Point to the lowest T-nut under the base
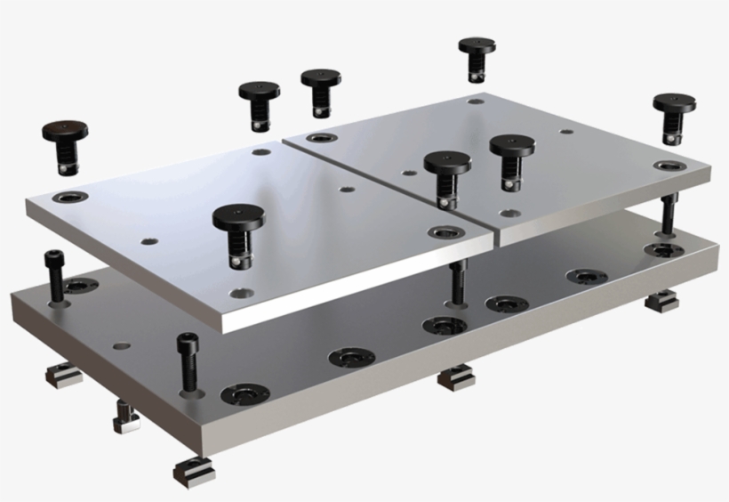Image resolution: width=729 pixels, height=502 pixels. point(195,472)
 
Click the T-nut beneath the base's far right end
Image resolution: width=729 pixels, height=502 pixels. point(661,303)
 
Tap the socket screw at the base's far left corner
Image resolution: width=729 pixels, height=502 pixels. point(54,276)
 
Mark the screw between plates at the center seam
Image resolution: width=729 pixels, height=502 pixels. point(456,279)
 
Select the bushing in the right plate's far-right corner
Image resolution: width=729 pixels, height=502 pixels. point(668,166)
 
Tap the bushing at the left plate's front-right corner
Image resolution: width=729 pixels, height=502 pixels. point(443,232)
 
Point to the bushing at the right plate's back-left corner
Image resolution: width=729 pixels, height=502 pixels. point(321,139)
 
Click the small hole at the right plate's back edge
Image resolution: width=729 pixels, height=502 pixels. point(477,102)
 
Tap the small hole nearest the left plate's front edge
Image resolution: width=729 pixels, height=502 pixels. point(237,292)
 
